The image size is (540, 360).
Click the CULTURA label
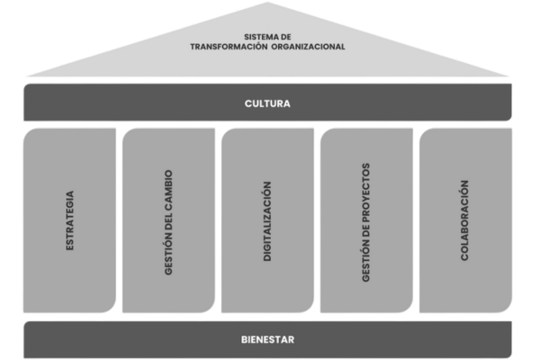(268, 103)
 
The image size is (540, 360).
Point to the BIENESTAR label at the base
(268, 339)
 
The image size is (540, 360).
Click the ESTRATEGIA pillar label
(70, 220)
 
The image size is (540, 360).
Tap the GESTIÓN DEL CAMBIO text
(169, 220)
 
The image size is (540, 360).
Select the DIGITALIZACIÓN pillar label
(267, 220)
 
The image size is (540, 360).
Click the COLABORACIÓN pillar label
(464, 220)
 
